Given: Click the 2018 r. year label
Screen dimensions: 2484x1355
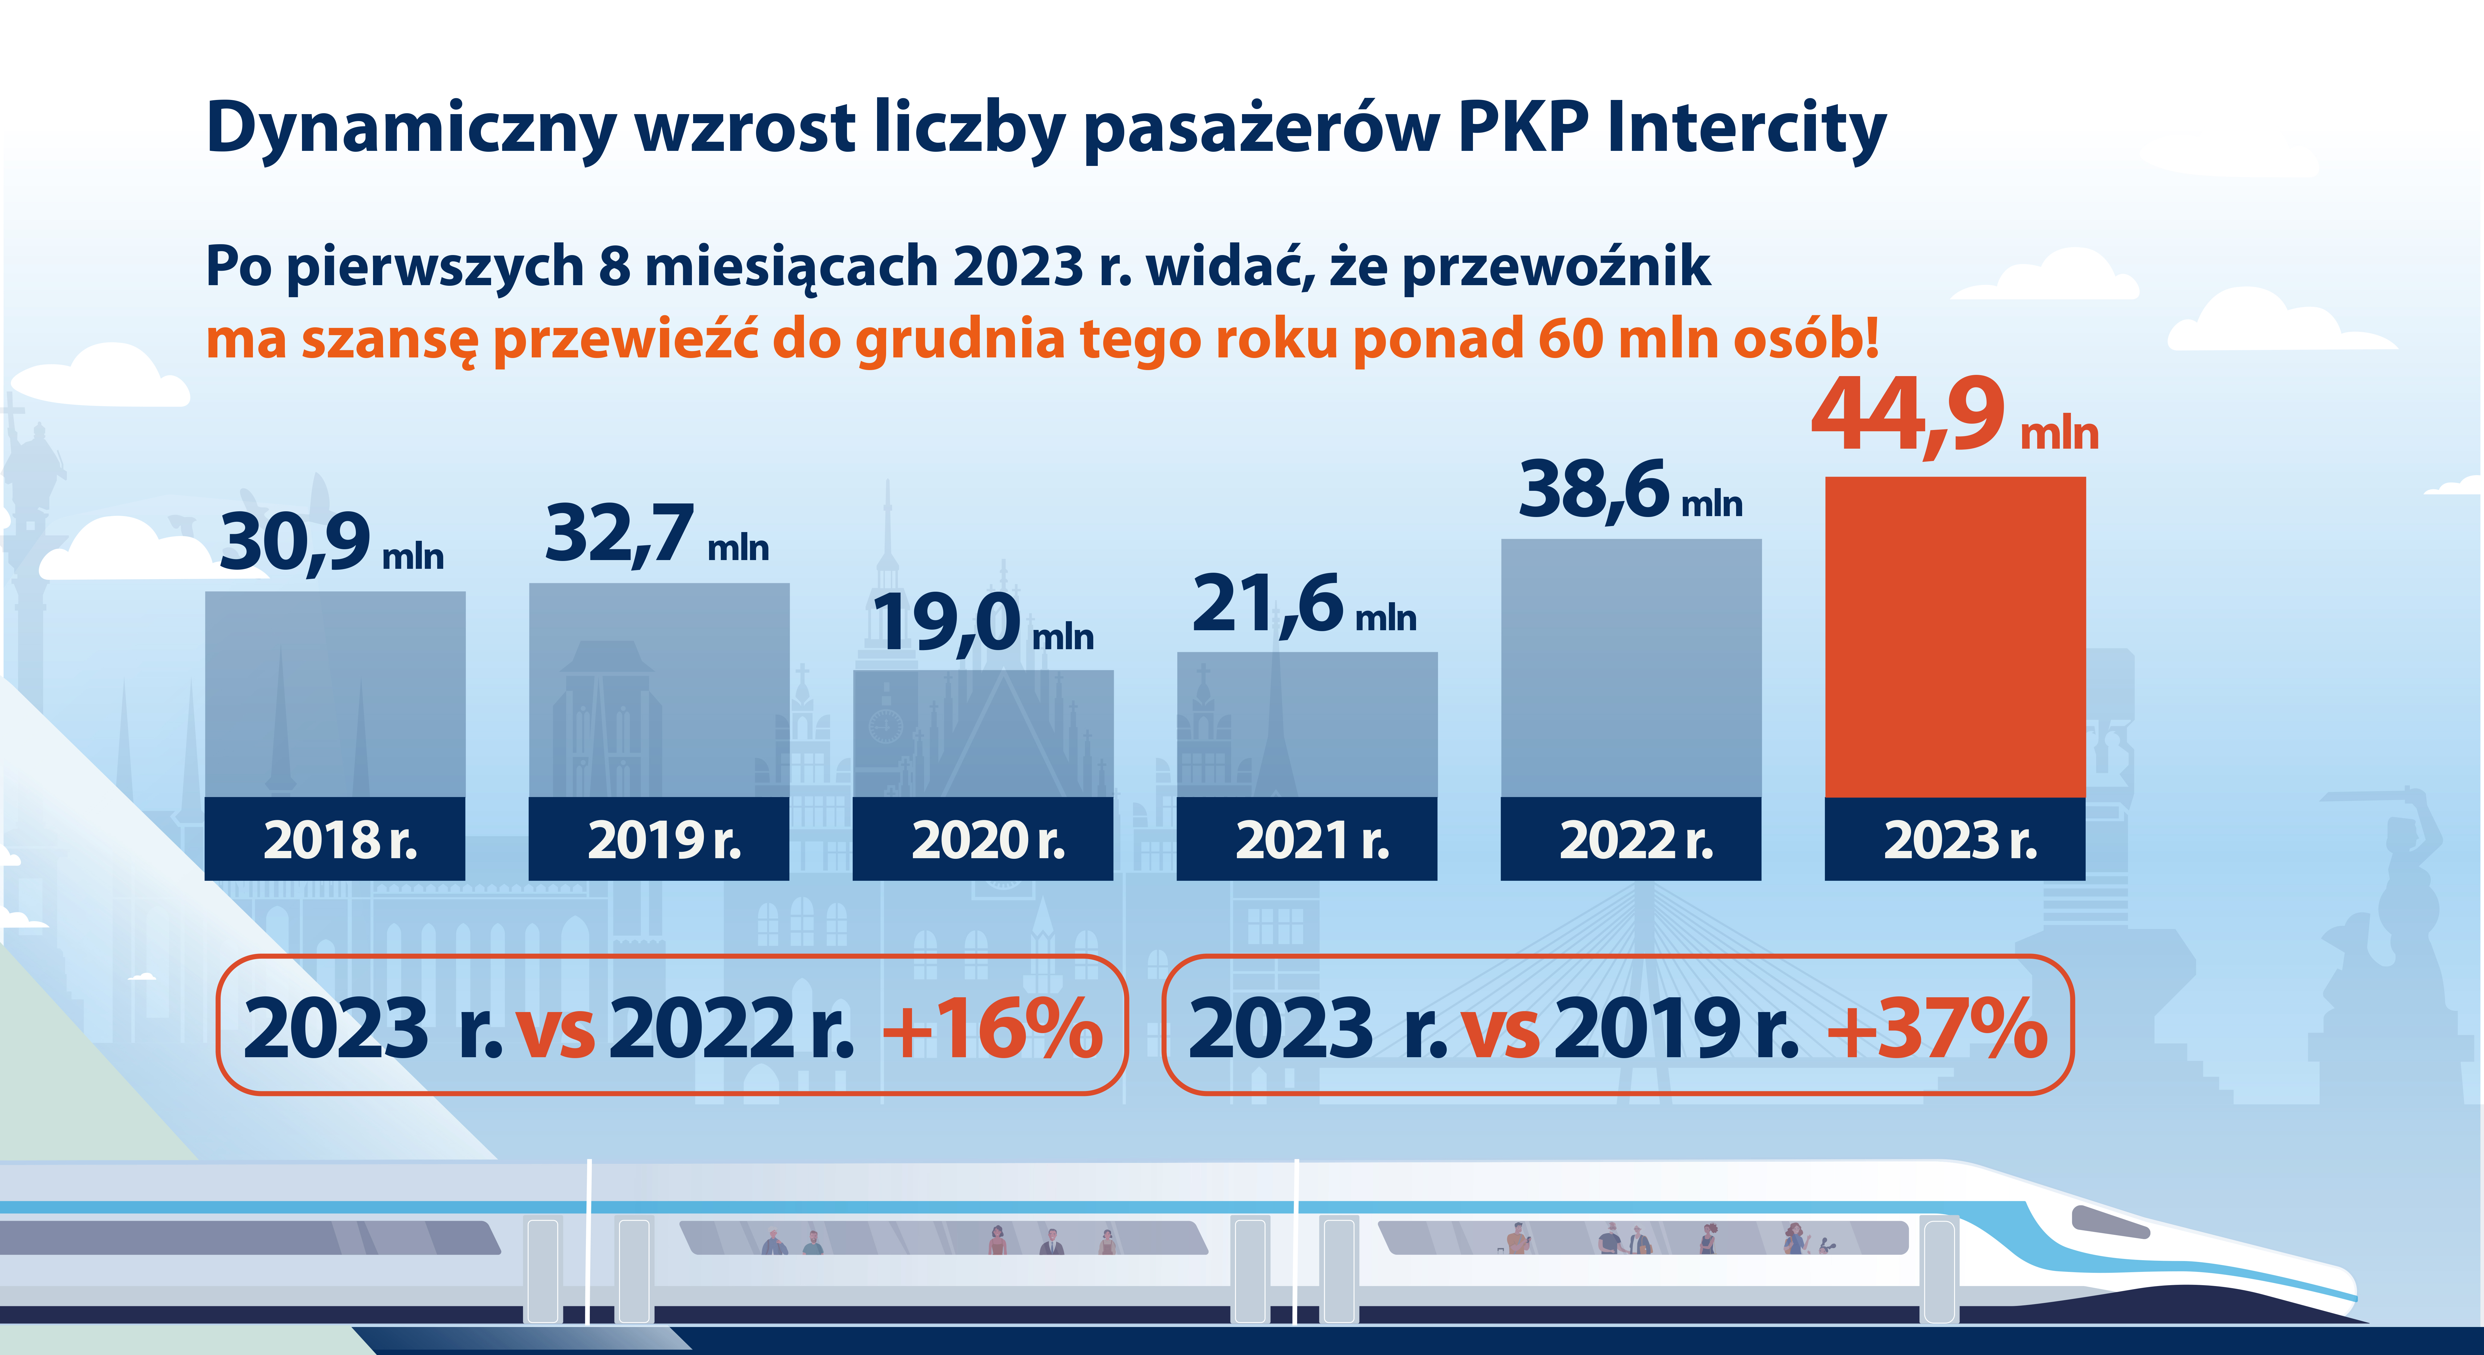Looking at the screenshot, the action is click(341, 840).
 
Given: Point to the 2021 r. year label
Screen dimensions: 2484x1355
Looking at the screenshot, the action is click(1312, 840).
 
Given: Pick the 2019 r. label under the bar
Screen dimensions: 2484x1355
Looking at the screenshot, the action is click(665, 840).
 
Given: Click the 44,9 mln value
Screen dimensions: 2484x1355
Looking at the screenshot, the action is click(1955, 417).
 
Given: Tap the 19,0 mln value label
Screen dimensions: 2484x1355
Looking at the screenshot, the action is click(982, 623).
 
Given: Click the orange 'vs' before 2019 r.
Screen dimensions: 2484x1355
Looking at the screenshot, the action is click(1500, 1030).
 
